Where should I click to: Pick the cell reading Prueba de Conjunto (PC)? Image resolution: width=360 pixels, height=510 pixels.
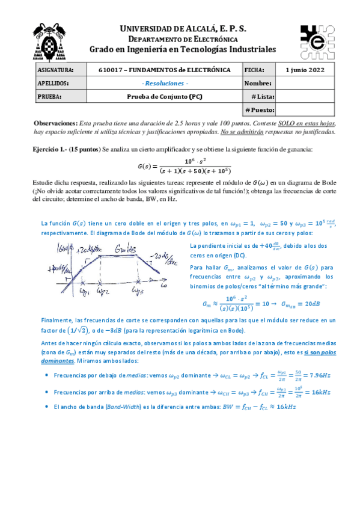(164, 96)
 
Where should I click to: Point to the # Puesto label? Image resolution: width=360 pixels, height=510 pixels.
(260, 110)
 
